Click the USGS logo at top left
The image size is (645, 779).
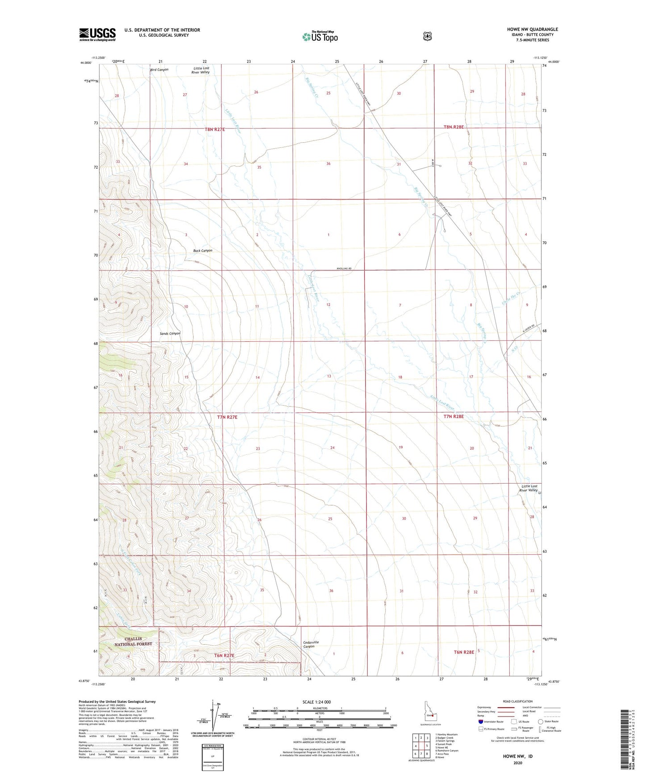tap(97, 34)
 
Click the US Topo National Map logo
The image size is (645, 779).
tap(319, 37)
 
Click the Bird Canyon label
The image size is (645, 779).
tap(159, 70)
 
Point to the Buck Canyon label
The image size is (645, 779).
tap(203, 251)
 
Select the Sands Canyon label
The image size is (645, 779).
tap(170, 333)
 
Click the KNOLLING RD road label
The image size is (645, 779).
tap(344, 269)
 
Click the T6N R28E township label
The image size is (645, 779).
tap(464, 652)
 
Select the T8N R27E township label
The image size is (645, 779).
tap(215, 129)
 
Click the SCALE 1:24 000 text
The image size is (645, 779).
tap(316, 702)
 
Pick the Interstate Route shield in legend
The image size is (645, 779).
tap(481, 721)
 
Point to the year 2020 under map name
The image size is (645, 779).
tap(517, 762)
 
